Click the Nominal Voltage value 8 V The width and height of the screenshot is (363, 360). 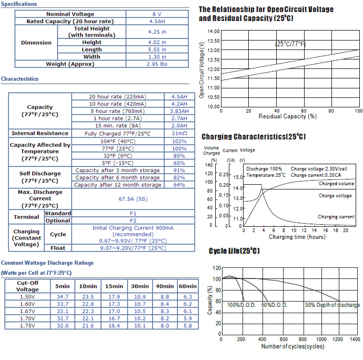click(x=157, y=14)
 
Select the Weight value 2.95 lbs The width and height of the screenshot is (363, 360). click(x=157, y=64)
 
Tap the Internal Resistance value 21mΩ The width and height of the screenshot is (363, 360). click(x=179, y=133)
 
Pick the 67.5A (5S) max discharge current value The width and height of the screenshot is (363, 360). click(x=133, y=199)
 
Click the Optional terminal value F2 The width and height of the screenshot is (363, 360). click(x=133, y=221)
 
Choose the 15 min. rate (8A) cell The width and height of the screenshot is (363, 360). click(x=118, y=126)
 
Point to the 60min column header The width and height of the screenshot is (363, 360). click(x=187, y=286)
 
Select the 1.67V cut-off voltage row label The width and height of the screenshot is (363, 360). click(x=27, y=311)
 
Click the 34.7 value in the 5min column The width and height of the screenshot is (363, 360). click(x=63, y=297)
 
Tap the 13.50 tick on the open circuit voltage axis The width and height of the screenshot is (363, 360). click(x=214, y=41)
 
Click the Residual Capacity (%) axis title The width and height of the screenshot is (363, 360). click(x=288, y=116)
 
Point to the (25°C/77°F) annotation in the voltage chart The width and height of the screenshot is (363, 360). click(x=290, y=44)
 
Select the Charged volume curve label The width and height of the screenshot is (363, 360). click(x=336, y=184)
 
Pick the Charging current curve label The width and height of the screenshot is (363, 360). click(x=336, y=217)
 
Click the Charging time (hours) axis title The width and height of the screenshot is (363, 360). click(x=297, y=237)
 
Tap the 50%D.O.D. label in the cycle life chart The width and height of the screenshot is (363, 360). click(x=274, y=305)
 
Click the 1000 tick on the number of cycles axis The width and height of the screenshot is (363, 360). click(x=321, y=339)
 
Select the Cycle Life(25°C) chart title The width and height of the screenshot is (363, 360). click(x=234, y=251)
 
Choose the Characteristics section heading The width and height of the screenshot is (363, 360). click(x=19, y=79)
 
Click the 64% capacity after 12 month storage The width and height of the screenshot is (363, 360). click(x=179, y=185)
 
